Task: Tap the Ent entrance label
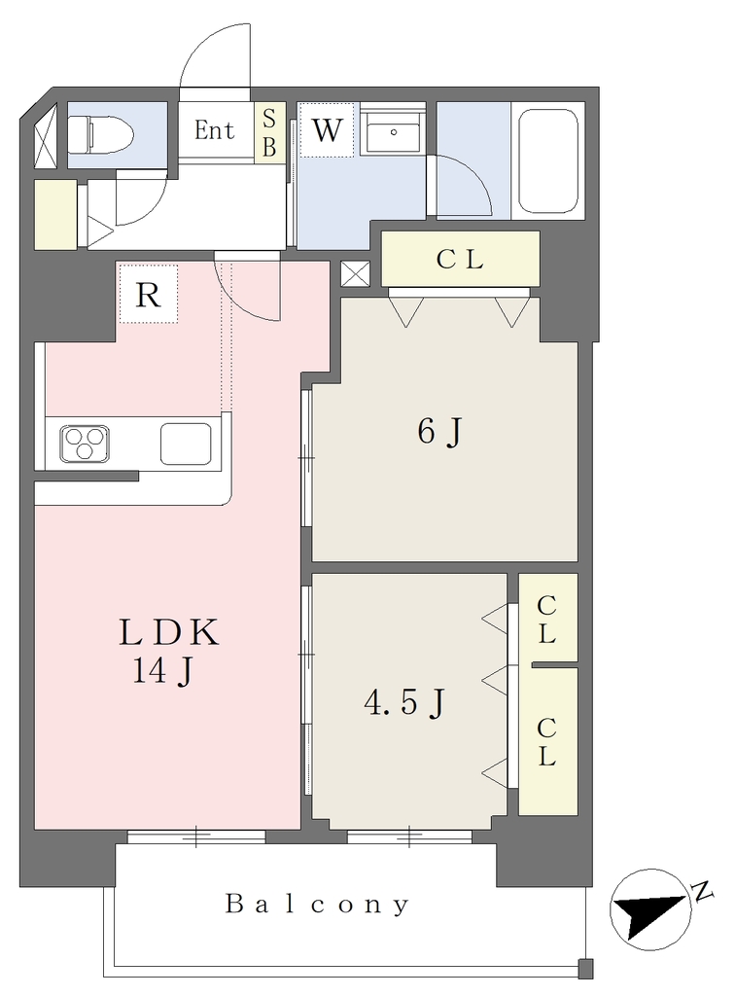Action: pyautogui.click(x=214, y=131)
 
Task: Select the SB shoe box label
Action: pyautogui.click(x=269, y=132)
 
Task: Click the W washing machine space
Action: pyautogui.click(x=327, y=129)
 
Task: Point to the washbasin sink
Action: pyautogui.click(x=390, y=132)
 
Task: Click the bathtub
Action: pyautogui.click(x=548, y=161)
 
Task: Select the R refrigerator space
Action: pyautogui.click(x=148, y=294)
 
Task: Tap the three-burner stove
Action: pyautogui.click(x=85, y=443)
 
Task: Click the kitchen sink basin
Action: pyautogui.click(x=186, y=444)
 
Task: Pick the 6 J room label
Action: pyautogui.click(x=439, y=432)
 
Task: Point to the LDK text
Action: pyautogui.click(x=169, y=632)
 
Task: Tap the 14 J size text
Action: pyautogui.click(x=162, y=671)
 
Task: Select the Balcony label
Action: pyautogui.click(x=318, y=904)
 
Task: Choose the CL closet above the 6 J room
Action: pyautogui.click(x=461, y=259)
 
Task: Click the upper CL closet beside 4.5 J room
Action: pyautogui.click(x=547, y=618)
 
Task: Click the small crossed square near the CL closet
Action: pyautogui.click(x=355, y=273)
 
